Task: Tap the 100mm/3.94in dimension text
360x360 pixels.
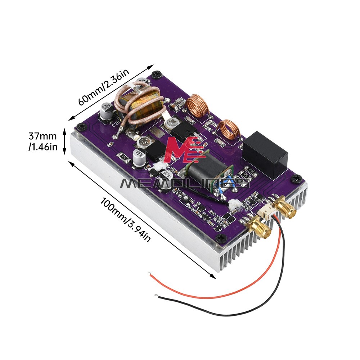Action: (x=126, y=218)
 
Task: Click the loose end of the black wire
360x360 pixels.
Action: (x=156, y=296)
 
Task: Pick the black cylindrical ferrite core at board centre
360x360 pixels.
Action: (x=208, y=169)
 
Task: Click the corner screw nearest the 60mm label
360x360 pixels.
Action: (x=156, y=75)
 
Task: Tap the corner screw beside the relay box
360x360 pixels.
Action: (x=297, y=178)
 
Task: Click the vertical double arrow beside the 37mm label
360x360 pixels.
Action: (x=65, y=142)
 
